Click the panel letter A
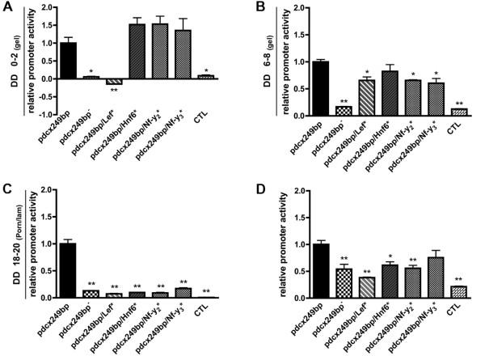(x=7, y=8)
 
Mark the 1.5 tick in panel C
(x=37, y=218)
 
